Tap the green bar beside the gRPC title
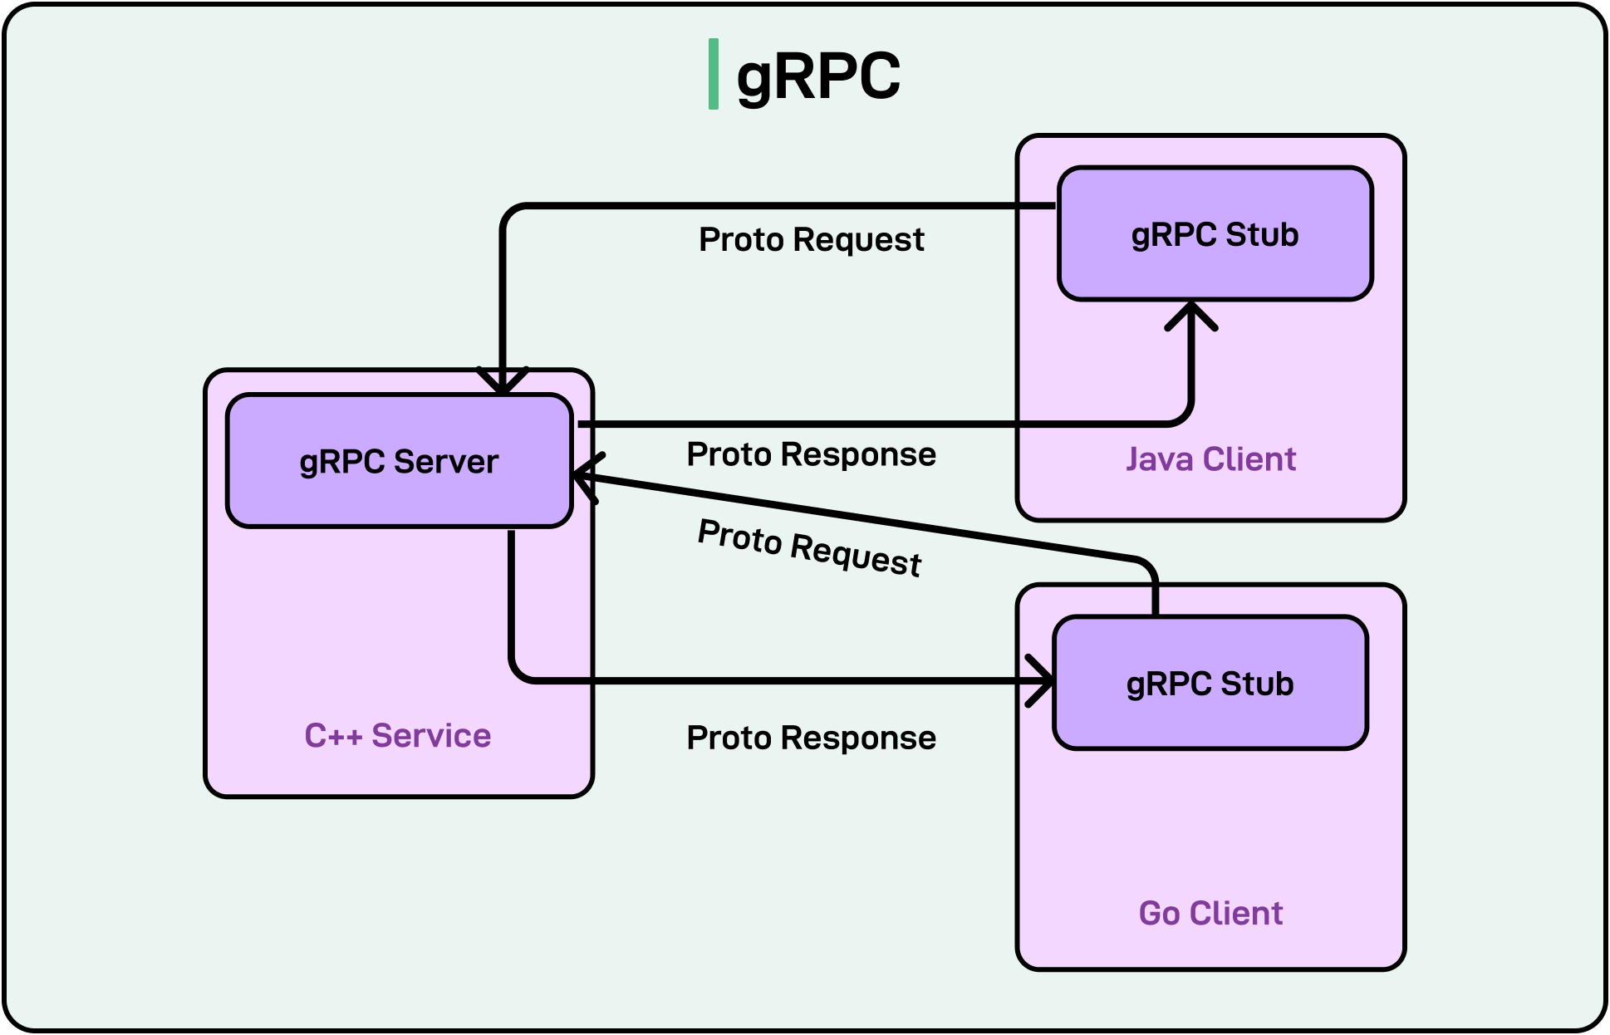713,74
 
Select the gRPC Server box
400,461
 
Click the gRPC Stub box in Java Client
1215,234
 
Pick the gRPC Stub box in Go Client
1210,684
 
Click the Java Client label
1210,459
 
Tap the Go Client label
1210,913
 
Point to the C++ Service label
397,735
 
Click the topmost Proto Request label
811,239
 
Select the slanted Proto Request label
809,547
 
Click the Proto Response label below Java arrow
811,454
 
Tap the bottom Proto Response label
811,738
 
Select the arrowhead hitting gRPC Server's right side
587,477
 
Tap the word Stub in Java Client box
1262,234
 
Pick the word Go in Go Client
1159,913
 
